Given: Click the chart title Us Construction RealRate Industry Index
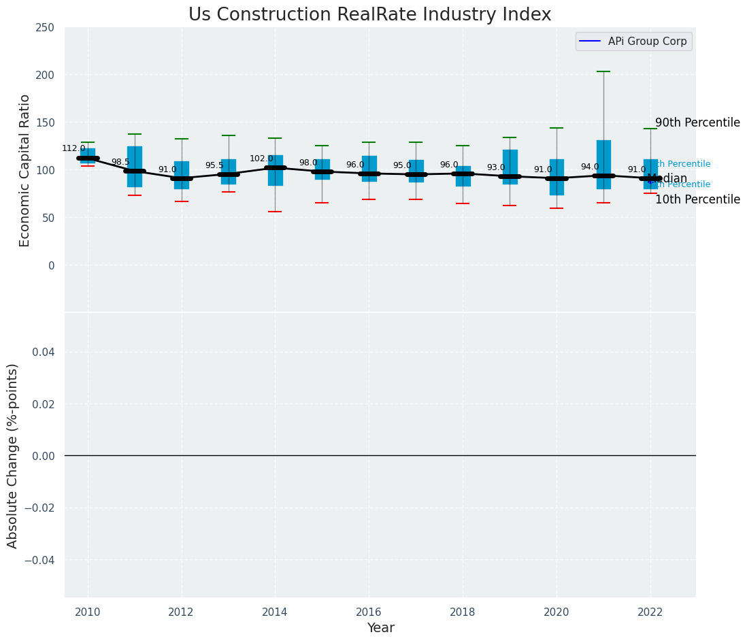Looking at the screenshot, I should (369, 15).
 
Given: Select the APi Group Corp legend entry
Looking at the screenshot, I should (633, 42).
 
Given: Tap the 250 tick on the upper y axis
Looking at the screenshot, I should (46, 27).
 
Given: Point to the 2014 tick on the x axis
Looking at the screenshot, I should (275, 612).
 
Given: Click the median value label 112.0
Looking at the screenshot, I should (73, 148).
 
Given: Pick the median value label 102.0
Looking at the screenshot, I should (261, 159).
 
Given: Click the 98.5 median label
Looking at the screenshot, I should (120, 162).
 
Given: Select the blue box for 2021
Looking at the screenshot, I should (603, 164).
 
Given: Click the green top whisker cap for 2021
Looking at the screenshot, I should (603, 71).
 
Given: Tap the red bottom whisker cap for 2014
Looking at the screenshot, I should (275, 212).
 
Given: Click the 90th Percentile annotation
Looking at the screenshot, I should (697, 123).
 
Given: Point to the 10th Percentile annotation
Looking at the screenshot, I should (697, 200).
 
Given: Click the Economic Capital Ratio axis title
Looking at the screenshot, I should (25, 170).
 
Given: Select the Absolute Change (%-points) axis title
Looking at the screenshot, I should (13, 455).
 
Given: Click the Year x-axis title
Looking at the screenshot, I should (380, 628).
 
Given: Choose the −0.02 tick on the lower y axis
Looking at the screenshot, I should (40, 508).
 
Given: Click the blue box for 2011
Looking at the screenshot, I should (135, 167).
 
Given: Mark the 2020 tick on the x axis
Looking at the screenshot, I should (557, 612).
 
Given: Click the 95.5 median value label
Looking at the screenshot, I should (214, 165).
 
